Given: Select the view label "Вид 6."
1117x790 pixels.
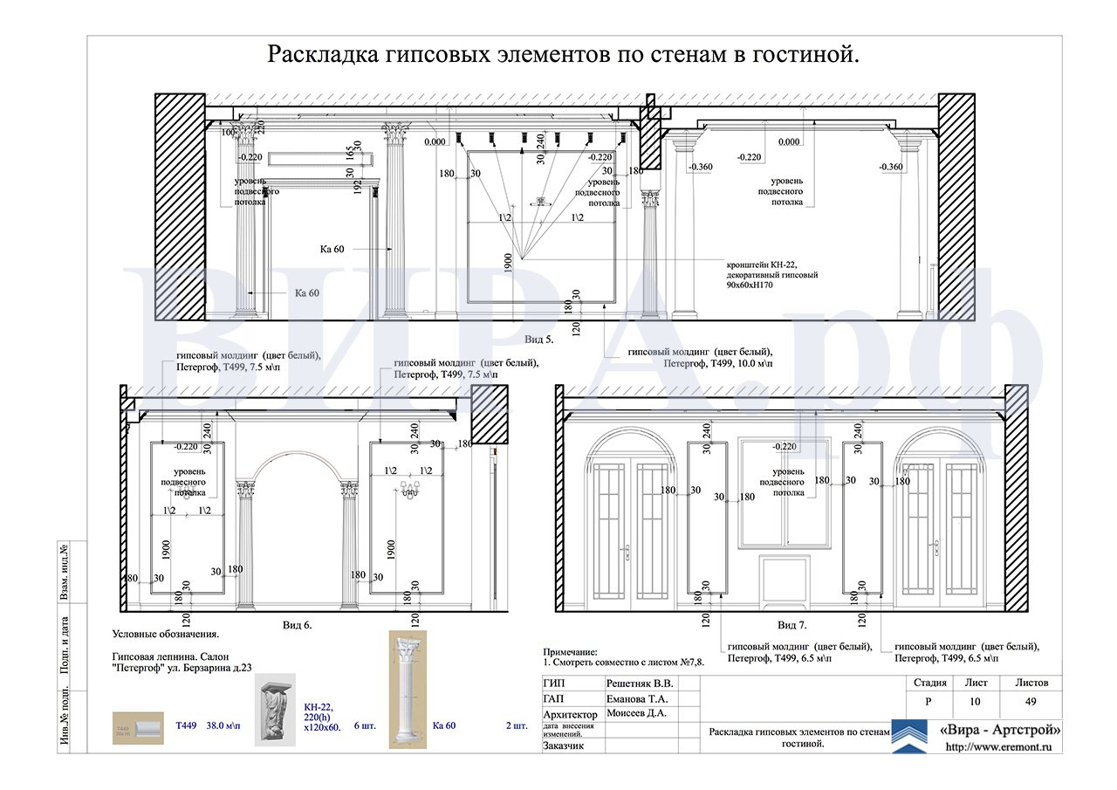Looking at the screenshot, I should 298,625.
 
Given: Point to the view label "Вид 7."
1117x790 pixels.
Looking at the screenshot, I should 792,625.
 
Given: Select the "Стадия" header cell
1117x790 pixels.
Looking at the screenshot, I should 927,683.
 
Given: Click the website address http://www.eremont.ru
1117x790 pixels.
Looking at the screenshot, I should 998,747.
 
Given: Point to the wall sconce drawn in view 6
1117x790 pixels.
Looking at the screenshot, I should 411,491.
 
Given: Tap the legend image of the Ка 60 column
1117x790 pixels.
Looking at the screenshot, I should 407,690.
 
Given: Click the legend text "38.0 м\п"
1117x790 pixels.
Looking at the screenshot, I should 223,725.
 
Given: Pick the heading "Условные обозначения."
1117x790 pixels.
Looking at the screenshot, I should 166,635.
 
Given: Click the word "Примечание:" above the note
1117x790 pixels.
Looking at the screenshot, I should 572,652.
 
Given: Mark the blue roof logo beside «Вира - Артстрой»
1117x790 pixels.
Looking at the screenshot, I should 909,736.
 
